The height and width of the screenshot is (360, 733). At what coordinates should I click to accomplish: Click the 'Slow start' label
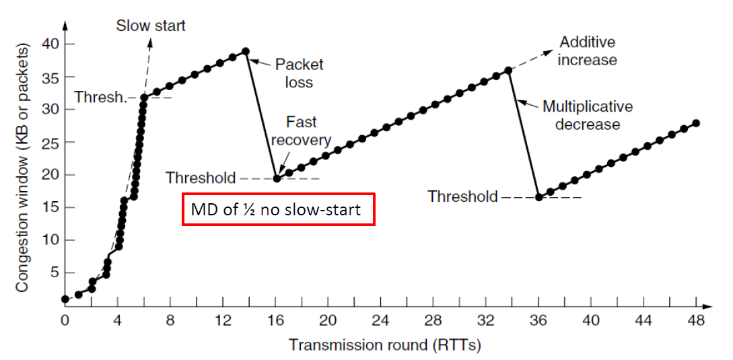click(151, 26)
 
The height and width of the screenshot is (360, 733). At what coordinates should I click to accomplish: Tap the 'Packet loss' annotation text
click(299, 73)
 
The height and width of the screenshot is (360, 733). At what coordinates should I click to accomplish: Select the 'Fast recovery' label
click(301, 131)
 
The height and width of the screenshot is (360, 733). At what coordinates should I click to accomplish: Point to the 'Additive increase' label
click(588, 51)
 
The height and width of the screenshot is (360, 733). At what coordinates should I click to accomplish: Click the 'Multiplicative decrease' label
click(588, 115)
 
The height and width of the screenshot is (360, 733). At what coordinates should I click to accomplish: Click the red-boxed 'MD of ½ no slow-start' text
click(276, 210)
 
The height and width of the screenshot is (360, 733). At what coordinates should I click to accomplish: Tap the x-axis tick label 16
click(275, 322)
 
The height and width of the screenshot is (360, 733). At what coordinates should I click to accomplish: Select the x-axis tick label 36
click(538, 322)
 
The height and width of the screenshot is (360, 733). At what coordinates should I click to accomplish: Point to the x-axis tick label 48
click(697, 322)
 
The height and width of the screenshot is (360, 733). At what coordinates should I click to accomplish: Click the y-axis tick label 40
click(48, 44)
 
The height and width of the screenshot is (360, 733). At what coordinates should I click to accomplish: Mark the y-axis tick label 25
click(48, 142)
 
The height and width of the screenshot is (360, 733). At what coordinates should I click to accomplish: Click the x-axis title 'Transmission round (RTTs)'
click(384, 345)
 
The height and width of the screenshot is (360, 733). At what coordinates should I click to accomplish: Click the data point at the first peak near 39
click(246, 51)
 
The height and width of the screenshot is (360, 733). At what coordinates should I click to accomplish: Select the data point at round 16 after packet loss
click(276, 178)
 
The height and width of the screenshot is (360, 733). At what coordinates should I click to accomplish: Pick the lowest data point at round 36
click(538, 196)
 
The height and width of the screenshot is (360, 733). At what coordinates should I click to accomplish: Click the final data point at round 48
click(696, 123)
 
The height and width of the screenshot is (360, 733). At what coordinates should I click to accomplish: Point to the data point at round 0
click(65, 299)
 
